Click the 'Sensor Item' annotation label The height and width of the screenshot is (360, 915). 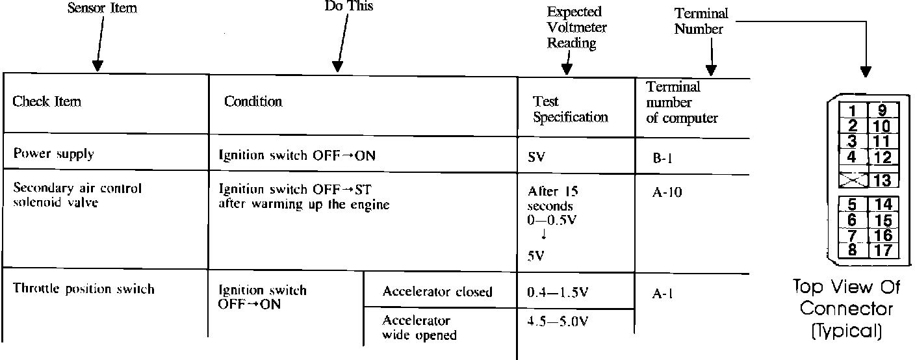point(103,10)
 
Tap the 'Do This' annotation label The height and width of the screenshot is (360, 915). point(349,6)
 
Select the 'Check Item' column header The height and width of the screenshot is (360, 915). point(47,102)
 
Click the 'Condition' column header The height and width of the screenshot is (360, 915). point(253,102)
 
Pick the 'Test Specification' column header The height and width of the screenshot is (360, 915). point(570,109)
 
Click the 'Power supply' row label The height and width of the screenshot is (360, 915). point(53,155)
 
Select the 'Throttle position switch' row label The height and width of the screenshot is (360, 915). point(84,289)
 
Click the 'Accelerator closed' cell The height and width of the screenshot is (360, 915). point(437,292)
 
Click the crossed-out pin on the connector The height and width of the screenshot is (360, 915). point(853,180)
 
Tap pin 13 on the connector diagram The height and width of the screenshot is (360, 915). point(883,180)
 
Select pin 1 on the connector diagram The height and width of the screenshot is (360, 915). point(853,110)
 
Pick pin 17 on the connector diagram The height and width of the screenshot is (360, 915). point(883,250)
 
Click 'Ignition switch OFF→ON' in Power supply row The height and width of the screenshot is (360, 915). point(298,157)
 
